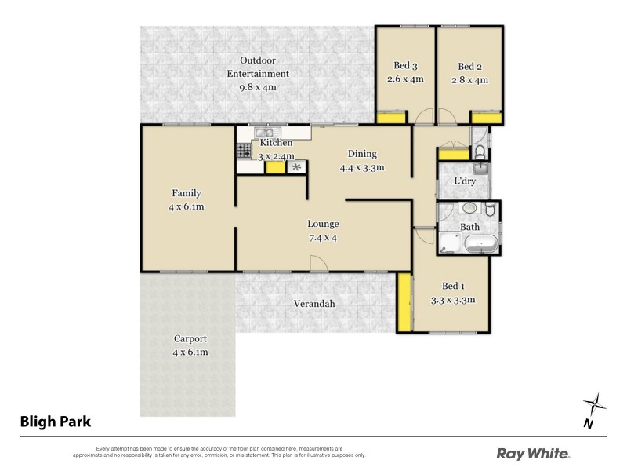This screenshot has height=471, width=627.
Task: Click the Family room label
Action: [x=187, y=193]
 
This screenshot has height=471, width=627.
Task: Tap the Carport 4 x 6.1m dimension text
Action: [x=190, y=352]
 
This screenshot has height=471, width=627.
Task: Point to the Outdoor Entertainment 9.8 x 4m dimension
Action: [x=258, y=87]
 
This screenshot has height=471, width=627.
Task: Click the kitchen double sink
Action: [x=262, y=133]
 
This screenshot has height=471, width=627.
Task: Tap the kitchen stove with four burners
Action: [x=245, y=151]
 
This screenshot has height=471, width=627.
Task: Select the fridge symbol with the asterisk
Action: [x=296, y=167]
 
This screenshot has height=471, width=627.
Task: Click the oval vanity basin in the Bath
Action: [x=469, y=209]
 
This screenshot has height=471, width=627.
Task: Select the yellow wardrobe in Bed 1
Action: [x=404, y=301]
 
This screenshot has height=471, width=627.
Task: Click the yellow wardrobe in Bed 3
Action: [x=391, y=118]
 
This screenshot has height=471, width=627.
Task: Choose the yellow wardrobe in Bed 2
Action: [x=486, y=118]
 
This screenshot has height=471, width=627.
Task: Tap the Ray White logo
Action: [x=534, y=453]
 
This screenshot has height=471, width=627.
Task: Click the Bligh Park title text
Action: [x=56, y=422]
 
